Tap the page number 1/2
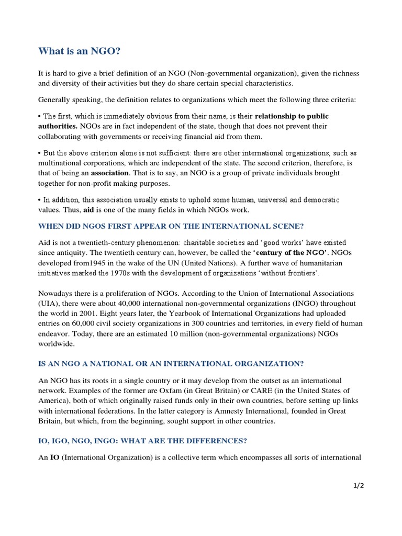(x=358, y=485)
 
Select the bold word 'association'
(x=109, y=173)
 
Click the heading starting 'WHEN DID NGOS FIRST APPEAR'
(x=171, y=226)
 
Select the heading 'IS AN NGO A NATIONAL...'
(x=171, y=364)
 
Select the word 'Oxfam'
(x=151, y=391)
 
